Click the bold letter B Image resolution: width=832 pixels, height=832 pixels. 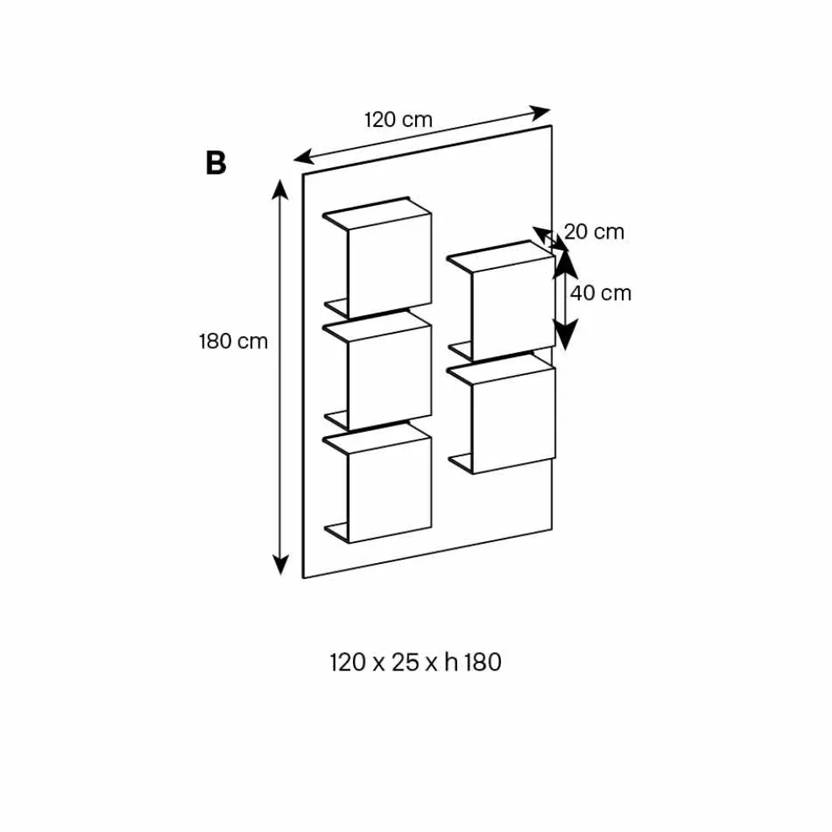pyautogui.click(x=216, y=163)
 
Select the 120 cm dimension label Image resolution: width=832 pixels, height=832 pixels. pyautogui.click(x=398, y=119)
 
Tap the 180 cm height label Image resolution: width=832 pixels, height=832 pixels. pyautogui.click(x=233, y=341)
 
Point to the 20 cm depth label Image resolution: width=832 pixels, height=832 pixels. pyautogui.click(x=594, y=231)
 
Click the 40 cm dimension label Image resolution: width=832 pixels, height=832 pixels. pyautogui.click(x=600, y=292)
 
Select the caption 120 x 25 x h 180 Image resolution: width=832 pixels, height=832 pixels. pyautogui.click(x=416, y=662)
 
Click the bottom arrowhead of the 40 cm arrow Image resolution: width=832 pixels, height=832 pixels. pyautogui.click(x=566, y=340)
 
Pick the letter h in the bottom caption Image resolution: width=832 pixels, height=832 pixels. pyautogui.click(x=451, y=662)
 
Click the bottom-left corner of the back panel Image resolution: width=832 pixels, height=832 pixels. pyautogui.click(x=303, y=578)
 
